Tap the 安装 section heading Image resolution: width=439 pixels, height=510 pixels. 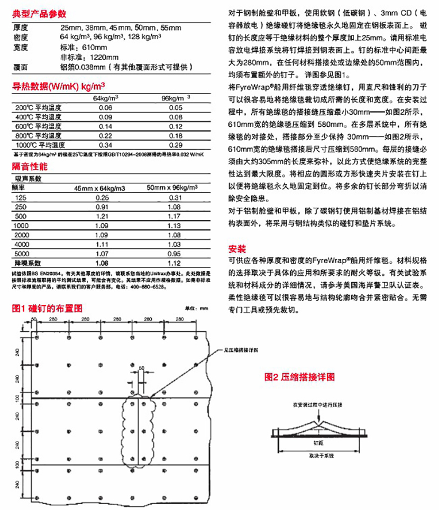(237, 249)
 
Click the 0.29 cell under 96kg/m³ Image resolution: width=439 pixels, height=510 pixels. (175, 145)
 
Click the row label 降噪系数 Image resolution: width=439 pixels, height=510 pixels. (24, 262)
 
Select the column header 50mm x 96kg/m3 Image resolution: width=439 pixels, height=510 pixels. (168, 188)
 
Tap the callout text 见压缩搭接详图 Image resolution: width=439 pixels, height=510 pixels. (239, 350)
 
